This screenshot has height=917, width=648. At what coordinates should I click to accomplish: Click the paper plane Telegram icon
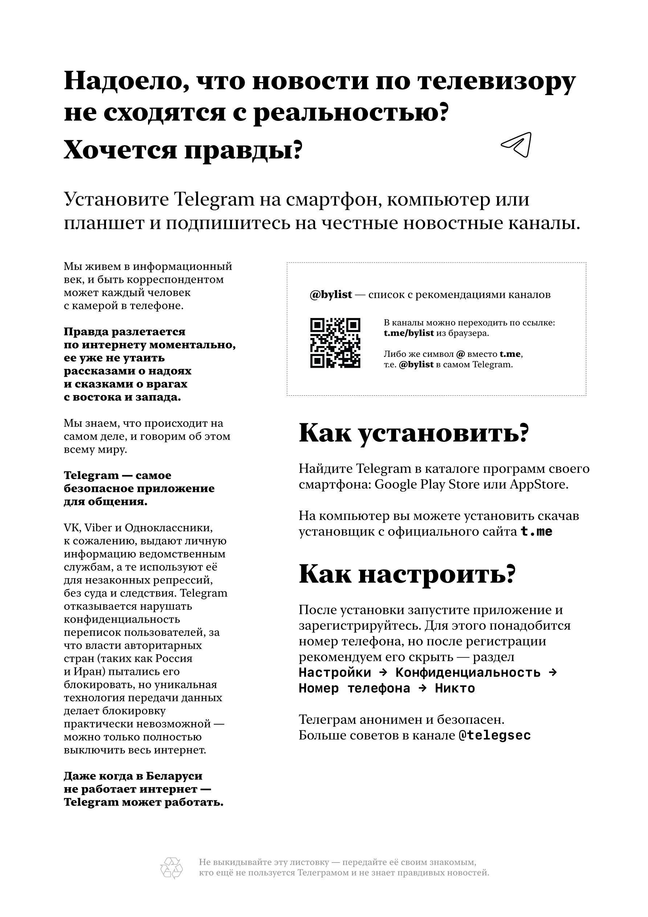[517, 144]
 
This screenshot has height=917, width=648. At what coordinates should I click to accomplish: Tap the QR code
[335, 343]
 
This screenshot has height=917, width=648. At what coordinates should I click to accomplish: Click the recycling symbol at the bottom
[171, 868]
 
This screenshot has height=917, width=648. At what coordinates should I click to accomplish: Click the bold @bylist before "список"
[331, 295]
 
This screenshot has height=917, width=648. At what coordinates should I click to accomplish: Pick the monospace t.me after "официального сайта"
[537, 531]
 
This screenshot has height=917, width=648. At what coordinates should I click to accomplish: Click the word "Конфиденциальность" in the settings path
[468, 673]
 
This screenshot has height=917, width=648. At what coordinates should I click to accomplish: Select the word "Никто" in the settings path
[455, 688]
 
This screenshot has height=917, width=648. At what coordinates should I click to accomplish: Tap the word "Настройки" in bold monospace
[335, 673]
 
